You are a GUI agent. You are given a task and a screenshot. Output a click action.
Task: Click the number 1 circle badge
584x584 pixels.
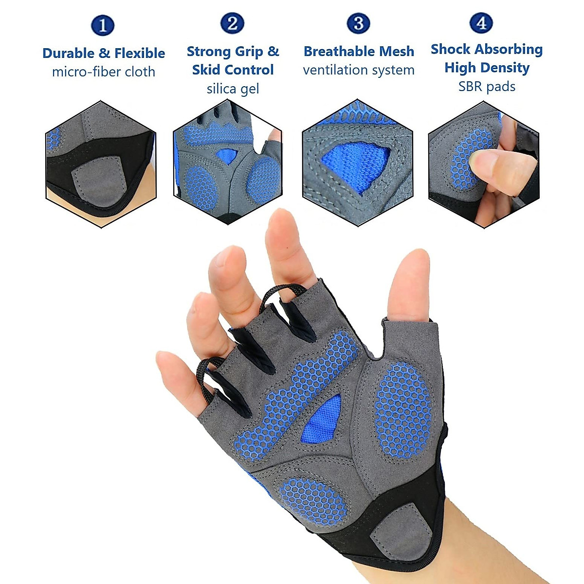103,25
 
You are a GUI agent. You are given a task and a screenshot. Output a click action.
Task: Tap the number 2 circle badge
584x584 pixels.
232,23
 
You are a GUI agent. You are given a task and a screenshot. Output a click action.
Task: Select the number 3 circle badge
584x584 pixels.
358,23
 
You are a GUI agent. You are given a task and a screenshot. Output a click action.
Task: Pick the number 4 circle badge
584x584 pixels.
481,22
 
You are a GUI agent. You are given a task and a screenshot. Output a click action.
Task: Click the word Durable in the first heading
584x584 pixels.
69,53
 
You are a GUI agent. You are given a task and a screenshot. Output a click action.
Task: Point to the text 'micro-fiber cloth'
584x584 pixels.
103,72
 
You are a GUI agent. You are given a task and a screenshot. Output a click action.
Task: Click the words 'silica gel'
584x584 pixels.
233,89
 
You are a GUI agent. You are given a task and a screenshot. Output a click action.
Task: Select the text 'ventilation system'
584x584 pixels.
359,70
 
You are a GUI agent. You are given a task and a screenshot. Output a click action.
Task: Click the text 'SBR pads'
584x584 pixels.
487,87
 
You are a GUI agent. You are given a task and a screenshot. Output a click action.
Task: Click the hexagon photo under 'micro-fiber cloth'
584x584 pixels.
101,164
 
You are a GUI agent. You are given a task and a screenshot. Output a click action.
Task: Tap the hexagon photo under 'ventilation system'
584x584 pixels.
358,163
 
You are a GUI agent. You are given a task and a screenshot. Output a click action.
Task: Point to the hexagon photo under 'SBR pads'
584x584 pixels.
484,164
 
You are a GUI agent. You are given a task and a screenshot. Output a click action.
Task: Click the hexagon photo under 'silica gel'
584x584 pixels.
227,163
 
